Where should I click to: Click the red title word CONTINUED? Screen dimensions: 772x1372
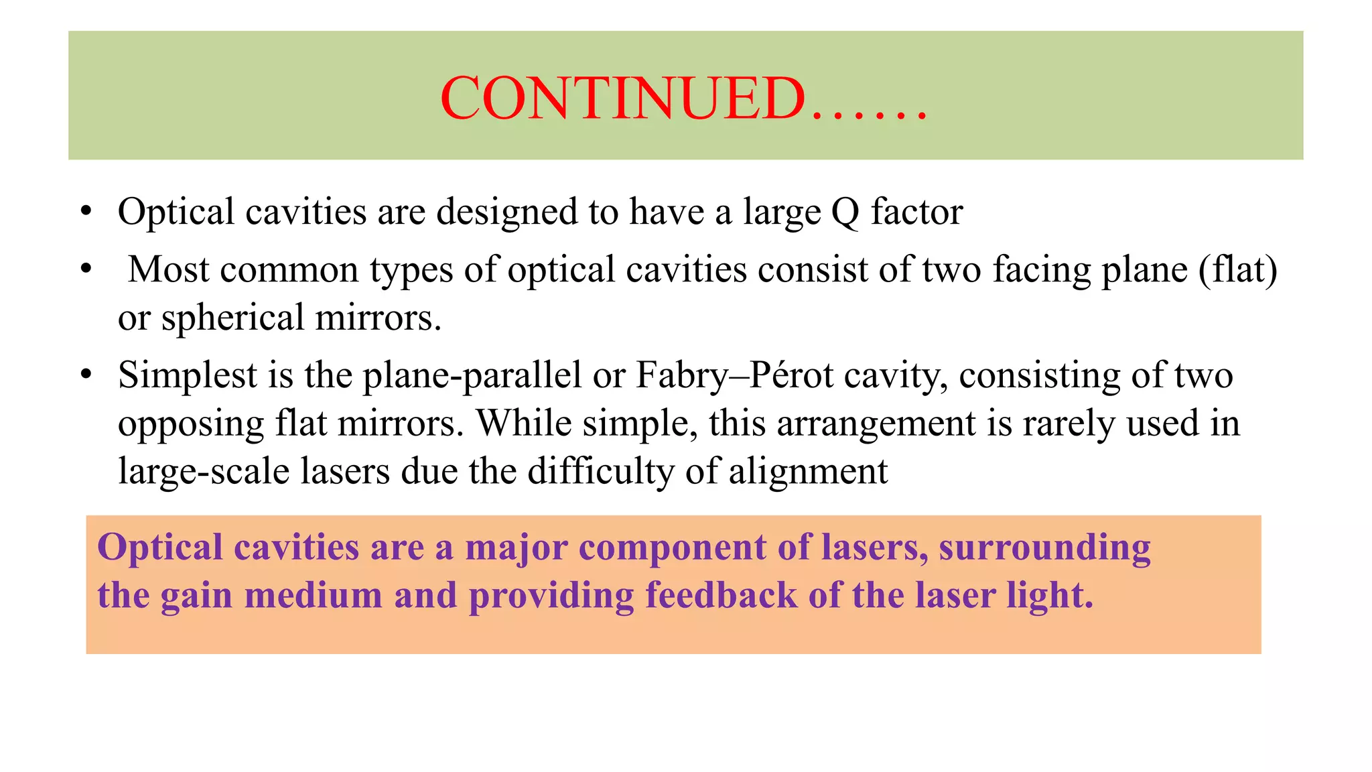623,98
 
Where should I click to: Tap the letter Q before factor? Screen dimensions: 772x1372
845,212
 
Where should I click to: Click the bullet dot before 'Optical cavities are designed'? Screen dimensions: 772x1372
85,212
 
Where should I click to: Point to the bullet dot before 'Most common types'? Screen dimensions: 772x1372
85,269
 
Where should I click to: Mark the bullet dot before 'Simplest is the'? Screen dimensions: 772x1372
85,375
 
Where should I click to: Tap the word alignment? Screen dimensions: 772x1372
808,471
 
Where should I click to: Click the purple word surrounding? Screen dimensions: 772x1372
1044,548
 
